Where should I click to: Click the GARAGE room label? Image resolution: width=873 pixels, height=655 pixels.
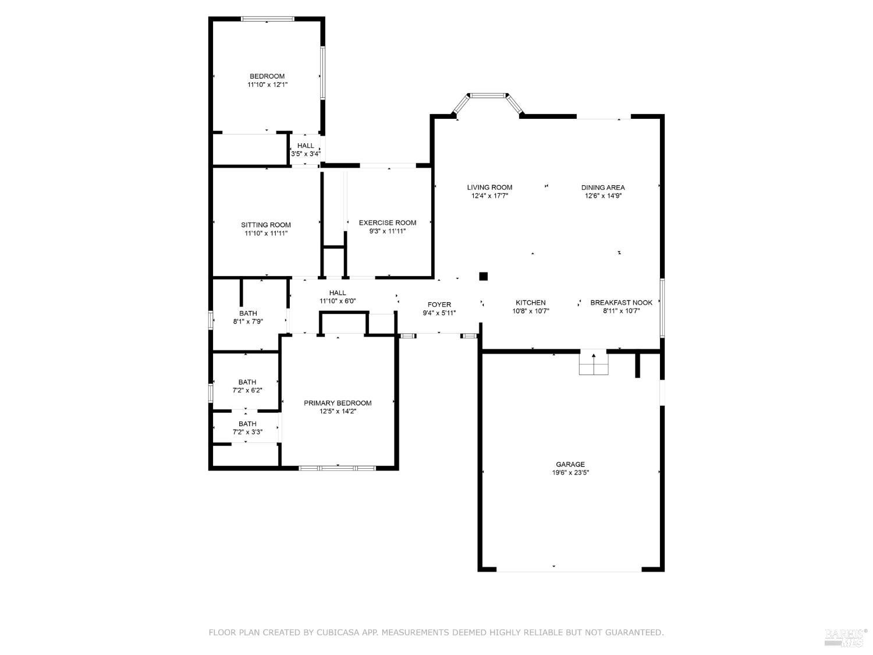point(570,464)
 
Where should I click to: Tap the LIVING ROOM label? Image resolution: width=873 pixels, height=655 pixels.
point(489,187)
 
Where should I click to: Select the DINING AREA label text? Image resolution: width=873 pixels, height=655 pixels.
point(603,187)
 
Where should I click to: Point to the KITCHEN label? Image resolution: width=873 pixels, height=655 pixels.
point(530,303)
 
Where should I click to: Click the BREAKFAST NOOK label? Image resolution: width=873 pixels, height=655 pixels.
point(621,303)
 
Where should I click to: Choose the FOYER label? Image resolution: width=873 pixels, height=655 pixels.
point(439,305)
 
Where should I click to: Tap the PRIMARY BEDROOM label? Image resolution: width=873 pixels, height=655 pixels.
point(338,403)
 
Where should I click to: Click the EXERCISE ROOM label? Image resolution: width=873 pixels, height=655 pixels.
point(388,222)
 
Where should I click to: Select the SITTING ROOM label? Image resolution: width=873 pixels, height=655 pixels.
point(266,225)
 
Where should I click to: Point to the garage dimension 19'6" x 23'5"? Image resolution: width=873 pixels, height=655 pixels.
point(570,473)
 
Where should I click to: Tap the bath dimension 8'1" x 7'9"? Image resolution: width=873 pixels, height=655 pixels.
point(248,321)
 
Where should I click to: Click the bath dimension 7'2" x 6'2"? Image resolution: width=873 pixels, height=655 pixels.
point(247,390)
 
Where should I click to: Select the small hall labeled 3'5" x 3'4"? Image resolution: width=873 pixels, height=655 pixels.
point(306,150)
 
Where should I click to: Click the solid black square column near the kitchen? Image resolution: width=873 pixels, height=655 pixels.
point(483,277)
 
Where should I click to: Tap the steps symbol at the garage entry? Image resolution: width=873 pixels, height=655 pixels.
point(594,364)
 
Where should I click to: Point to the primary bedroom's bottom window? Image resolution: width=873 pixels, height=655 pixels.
point(338,468)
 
